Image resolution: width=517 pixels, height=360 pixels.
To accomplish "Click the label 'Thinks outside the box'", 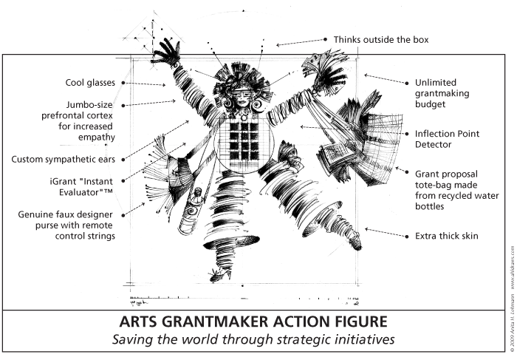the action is pos(381,40).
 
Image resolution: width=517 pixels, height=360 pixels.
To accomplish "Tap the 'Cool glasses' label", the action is pos(90,83).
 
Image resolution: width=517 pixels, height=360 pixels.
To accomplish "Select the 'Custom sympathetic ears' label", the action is pos(63,160).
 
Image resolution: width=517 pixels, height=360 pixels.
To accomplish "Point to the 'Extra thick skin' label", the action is pos(446,236).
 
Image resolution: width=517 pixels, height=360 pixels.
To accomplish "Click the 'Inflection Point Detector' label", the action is pos(447,139).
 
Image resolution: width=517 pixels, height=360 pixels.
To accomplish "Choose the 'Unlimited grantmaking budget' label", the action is pos(442,93).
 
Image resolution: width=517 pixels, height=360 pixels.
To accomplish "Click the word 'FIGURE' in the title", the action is pos(360,322).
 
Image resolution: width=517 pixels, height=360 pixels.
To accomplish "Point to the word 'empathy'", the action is pos(97,137).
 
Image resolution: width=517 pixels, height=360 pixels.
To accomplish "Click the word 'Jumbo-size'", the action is pos(89,105).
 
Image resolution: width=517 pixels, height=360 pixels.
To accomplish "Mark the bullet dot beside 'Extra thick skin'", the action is pos(407,237).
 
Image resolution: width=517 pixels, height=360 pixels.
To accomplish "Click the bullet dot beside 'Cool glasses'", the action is pos(123,83).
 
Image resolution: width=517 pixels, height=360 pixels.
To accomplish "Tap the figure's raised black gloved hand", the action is pos(167,52).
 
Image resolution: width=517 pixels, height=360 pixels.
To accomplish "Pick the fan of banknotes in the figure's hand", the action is pos(326,72).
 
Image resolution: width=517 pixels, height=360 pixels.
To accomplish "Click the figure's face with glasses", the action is pos(242,98).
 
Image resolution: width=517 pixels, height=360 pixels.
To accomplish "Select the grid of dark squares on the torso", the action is pos(244,142).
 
